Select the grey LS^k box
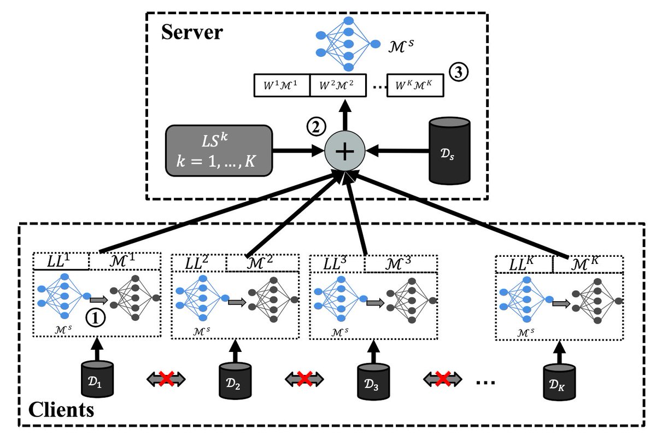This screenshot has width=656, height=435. (219, 150)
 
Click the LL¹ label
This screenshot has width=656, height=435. (60, 262)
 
